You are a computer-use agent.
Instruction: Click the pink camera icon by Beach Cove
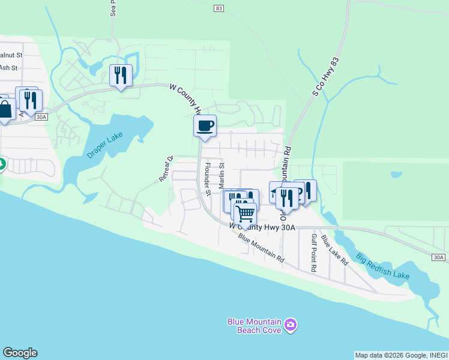pyautogui.click(x=291, y=325)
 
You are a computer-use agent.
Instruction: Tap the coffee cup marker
pyautogui.click(x=205, y=125)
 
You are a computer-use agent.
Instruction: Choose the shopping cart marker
pyautogui.click(x=244, y=212)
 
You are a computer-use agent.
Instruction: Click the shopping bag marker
pyautogui.click(x=5, y=109)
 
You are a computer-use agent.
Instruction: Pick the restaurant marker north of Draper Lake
pyautogui.click(x=121, y=75)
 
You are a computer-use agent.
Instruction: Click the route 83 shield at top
pyautogui.click(x=218, y=8)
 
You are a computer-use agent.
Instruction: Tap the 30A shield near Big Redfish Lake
pyautogui.click(x=439, y=257)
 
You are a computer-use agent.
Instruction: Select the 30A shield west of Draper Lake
pyautogui.click(x=41, y=117)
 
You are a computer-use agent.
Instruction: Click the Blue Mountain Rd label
pyautogui.click(x=261, y=248)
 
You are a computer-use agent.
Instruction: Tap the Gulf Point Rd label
pyautogui.click(x=313, y=253)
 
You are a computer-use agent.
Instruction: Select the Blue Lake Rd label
pyautogui.click(x=334, y=250)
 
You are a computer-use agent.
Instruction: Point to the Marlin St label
pyautogui.click(x=221, y=174)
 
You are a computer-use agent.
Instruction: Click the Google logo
pyautogui.click(x=20, y=353)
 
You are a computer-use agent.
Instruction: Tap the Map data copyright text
pyautogui.click(x=401, y=355)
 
